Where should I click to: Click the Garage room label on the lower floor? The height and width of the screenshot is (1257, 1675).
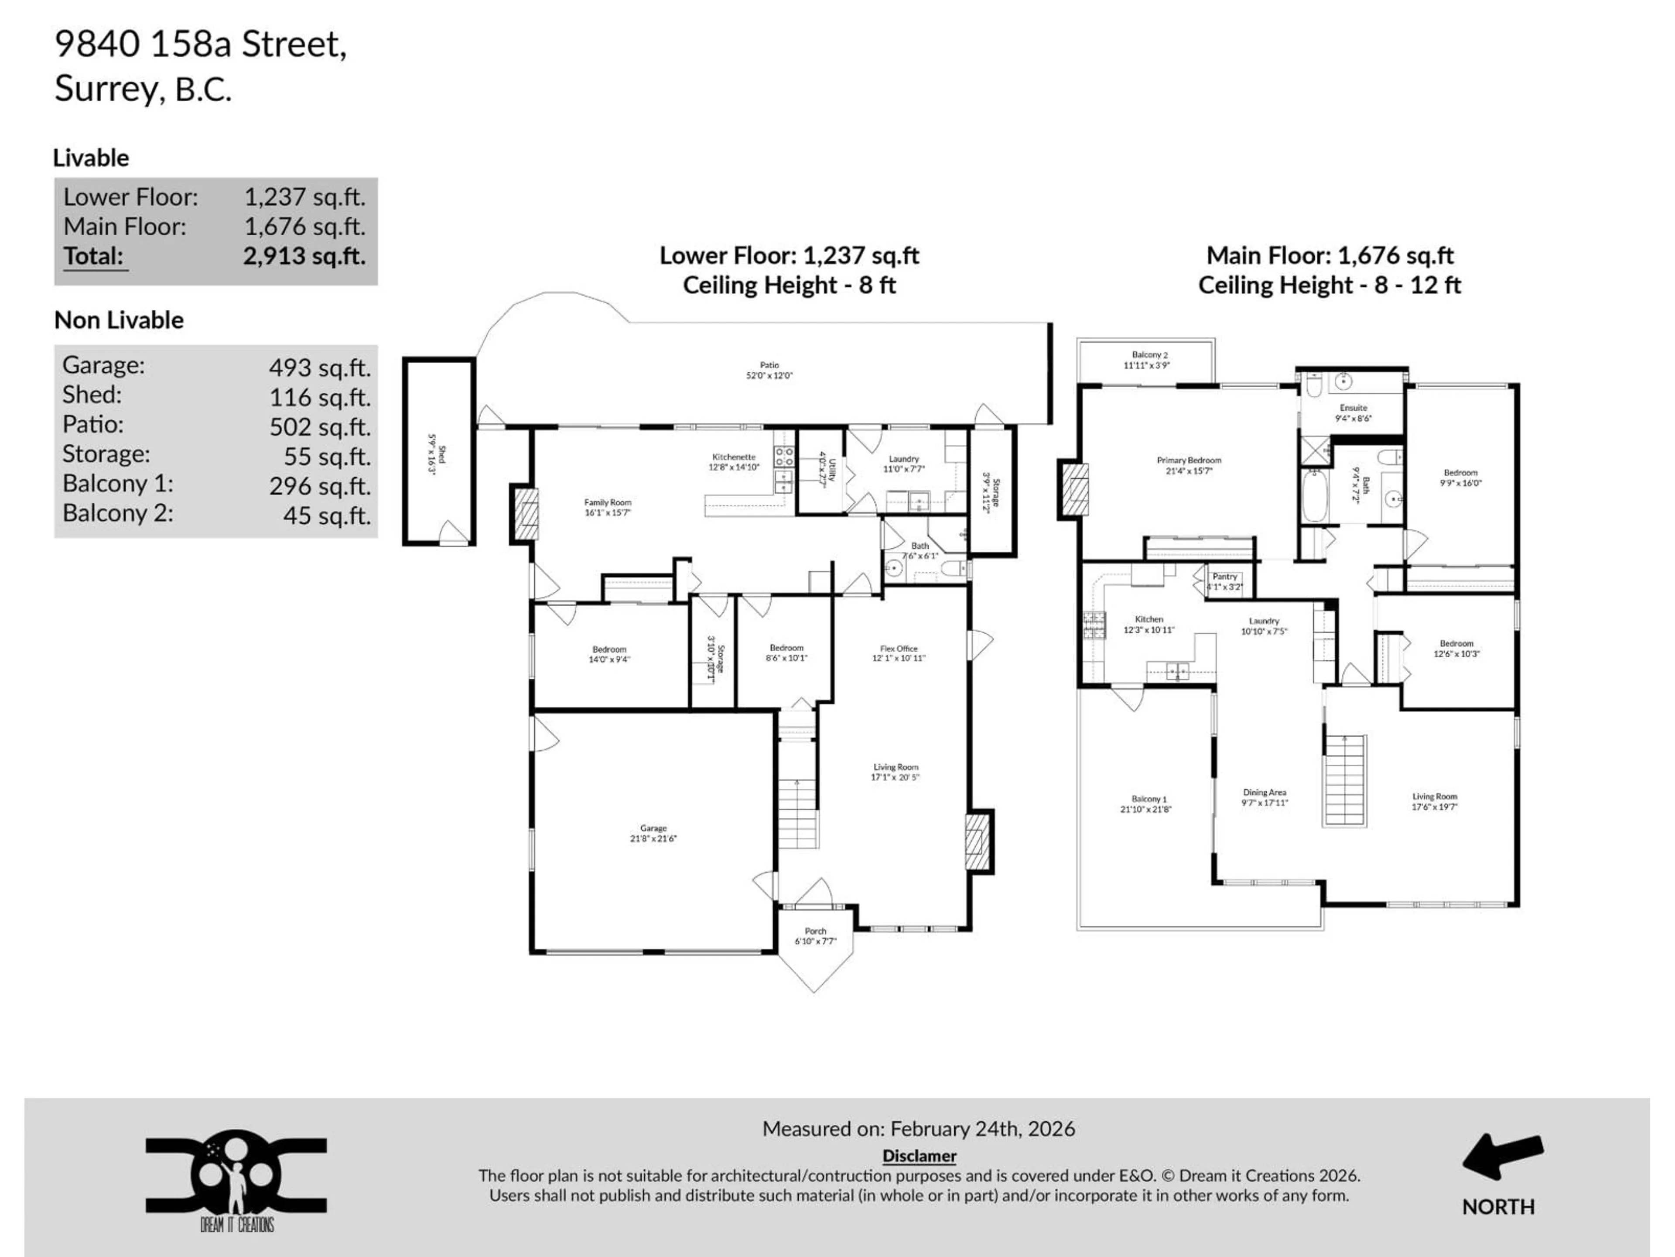pos(653,834)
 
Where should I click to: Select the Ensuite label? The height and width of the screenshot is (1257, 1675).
pos(1353,412)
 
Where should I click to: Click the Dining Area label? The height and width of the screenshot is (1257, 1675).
pos(1264,797)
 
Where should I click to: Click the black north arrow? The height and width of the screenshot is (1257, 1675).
pos(1501,1156)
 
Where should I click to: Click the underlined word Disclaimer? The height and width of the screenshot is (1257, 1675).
pos(919,1155)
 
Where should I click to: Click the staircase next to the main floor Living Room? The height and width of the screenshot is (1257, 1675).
pos(1344,780)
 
